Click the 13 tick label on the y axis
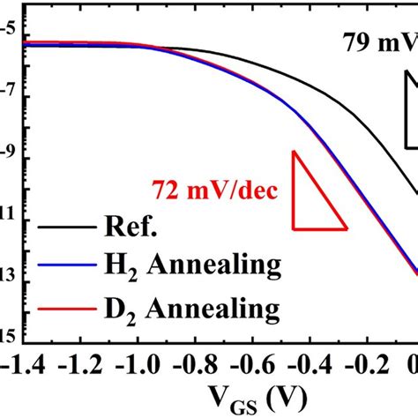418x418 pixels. point(7,272)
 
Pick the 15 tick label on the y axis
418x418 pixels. point(7,334)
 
